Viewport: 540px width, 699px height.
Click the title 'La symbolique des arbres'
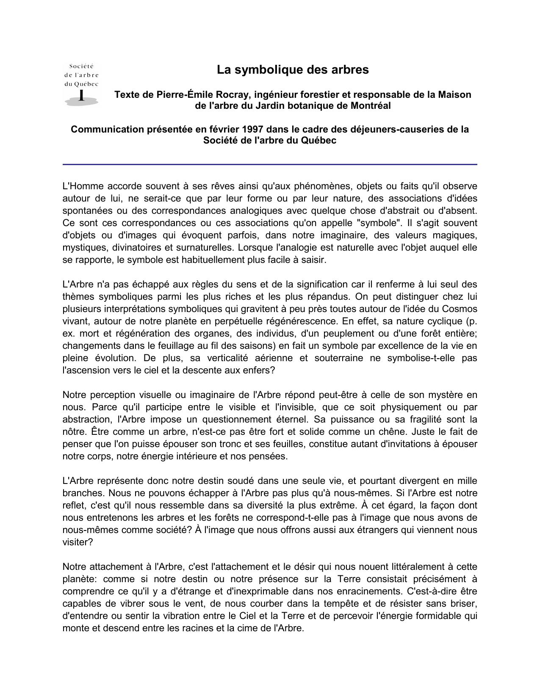coord(293,70)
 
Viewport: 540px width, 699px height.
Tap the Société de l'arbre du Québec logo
coord(81,84)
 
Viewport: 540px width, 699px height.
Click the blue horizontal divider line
coord(270,164)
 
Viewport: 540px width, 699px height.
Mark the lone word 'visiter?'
coord(78,542)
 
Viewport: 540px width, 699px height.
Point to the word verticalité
coord(231,358)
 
